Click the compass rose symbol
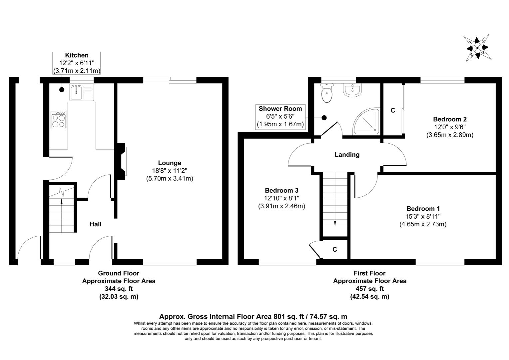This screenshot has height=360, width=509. (477, 48)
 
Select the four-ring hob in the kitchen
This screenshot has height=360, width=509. (59, 120)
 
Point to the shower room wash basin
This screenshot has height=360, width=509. (352, 90)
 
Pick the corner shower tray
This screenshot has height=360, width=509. (367, 122)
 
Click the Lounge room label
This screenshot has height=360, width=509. (170, 163)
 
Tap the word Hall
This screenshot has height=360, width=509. (96, 224)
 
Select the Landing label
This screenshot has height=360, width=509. (347, 155)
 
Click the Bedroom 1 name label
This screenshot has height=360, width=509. (423, 209)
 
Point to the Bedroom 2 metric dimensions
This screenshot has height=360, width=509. (450, 135)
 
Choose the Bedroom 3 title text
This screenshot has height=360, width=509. (281, 190)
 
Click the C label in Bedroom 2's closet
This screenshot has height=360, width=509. (393, 110)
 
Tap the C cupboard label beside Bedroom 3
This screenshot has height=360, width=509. (335, 249)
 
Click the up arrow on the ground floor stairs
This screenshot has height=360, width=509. (61, 201)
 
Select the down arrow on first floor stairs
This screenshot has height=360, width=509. (335, 223)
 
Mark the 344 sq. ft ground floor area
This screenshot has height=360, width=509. (119, 289)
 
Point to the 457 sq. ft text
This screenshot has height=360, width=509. (369, 289)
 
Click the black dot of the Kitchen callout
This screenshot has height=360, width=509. (62, 89)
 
